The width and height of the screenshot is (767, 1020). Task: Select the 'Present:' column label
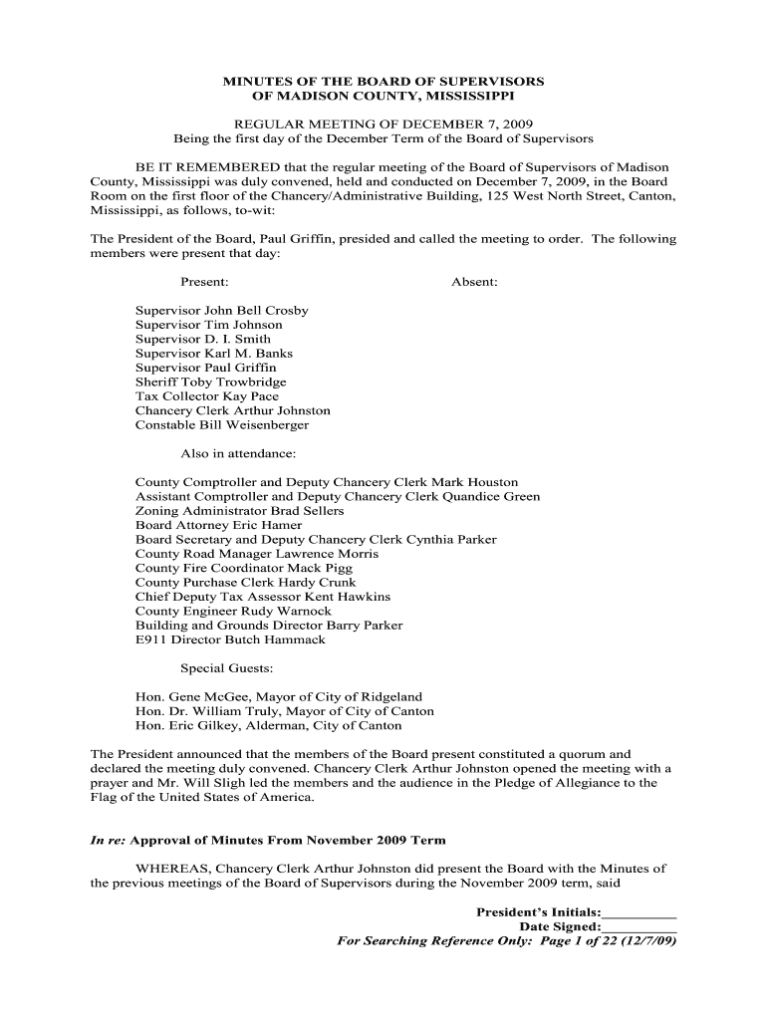(x=204, y=282)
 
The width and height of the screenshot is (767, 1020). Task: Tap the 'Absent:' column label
(x=474, y=282)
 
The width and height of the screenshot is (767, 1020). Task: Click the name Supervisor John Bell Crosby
(x=222, y=311)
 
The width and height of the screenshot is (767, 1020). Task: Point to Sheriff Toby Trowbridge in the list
(x=211, y=382)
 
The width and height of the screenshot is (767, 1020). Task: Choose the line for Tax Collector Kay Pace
(x=207, y=396)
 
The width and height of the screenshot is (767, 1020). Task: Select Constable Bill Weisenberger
(x=222, y=425)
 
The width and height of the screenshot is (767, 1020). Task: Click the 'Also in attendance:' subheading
(x=231, y=454)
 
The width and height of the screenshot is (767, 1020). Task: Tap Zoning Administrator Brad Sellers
(x=240, y=511)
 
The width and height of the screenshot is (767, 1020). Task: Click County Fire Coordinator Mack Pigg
(x=244, y=569)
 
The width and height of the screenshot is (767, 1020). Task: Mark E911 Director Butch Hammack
(x=230, y=639)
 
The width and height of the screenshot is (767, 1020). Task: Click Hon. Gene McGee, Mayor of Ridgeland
(x=279, y=697)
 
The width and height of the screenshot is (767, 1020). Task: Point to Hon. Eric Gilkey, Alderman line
(x=269, y=726)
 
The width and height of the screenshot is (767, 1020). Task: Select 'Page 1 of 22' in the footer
(x=585, y=941)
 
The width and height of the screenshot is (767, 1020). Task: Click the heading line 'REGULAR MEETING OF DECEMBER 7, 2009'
(x=383, y=124)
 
